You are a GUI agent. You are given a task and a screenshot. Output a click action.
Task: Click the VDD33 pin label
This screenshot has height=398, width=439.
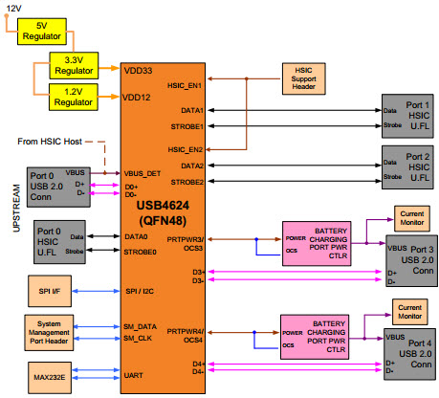click(138, 70)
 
